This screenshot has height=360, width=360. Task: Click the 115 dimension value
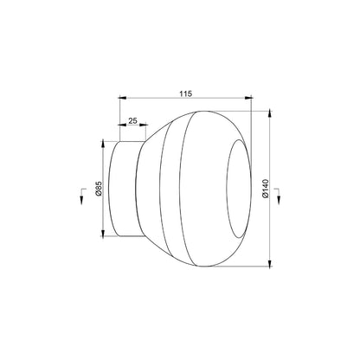coord(186,93)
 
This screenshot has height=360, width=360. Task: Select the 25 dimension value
coord(132,120)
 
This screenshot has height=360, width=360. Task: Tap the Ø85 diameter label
coord(98,189)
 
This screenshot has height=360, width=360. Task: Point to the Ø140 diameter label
coord(266,189)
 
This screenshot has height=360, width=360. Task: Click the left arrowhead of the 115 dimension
coord(123,98)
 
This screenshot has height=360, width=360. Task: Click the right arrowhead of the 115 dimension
coord(248,98)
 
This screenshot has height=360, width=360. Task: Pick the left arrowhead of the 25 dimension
coord(123,125)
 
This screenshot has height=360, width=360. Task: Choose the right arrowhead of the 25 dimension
coord(144,125)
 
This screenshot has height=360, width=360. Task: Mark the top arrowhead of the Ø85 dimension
coord(103,145)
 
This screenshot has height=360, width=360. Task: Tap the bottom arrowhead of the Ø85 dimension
coord(103,233)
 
